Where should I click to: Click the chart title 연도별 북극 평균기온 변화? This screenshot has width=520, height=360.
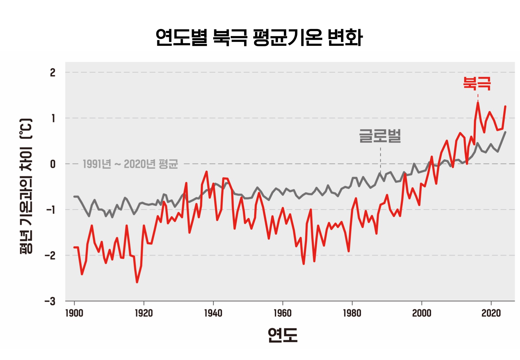pos(259,37)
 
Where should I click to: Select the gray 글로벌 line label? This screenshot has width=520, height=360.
pos(380,136)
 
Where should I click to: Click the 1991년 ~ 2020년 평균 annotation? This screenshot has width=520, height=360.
pos(130,164)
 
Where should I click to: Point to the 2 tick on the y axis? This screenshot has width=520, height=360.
pos(53,73)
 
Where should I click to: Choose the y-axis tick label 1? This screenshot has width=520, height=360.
pos(53,118)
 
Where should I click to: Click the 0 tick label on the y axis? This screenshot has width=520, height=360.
pos(53,164)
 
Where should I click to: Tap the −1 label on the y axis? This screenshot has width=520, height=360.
pos(51,210)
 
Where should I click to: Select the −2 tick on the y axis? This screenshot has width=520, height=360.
pos(50,255)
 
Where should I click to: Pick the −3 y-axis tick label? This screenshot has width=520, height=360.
pos(50,301)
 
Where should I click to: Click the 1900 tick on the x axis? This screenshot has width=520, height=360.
pos(74,313)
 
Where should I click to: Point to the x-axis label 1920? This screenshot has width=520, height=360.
pos(144,313)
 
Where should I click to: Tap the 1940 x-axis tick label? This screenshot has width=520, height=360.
pos(213,313)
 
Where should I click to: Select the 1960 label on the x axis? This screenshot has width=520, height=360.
pos(282,313)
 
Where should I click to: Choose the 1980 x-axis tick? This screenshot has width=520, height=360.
pos(352,313)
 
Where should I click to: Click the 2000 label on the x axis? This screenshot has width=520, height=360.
pos(421,313)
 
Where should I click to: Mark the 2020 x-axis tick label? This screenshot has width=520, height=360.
pos(491,313)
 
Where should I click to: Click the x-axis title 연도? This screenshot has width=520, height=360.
pos(282,335)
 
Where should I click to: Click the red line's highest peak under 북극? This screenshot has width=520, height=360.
pos(478,103)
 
